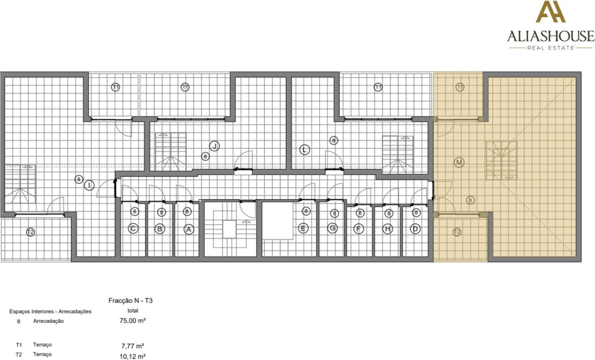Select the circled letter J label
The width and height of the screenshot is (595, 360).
coord(214,146)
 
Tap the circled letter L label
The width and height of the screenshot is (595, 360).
coord(304,150)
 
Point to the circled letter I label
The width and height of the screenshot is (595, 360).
coord(89,185)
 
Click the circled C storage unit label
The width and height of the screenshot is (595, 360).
coord(133,229)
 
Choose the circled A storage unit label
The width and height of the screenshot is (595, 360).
coord(189,229)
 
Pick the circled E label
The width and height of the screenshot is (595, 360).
coord(303,229)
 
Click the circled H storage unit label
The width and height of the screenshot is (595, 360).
coord(388,229)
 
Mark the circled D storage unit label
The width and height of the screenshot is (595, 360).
coord(415,229)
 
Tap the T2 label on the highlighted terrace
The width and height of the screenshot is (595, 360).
coord(457,232)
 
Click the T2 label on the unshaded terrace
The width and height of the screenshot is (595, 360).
coord(31,232)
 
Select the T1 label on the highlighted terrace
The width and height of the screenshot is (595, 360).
coord(460,87)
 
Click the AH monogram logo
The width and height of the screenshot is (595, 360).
coord(550,12)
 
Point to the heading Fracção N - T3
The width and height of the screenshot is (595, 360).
coord(131,301)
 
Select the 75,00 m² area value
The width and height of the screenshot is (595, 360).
coord(132,321)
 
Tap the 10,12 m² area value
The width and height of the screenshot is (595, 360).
coord(132,356)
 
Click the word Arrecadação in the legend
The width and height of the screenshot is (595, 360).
coord(48,321)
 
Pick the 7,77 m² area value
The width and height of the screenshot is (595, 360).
coord(132,346)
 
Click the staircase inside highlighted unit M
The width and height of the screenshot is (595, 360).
coord(502,160)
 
